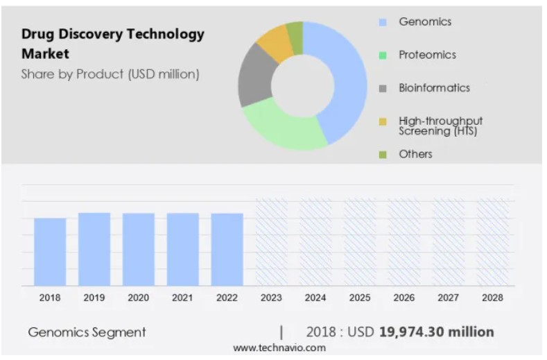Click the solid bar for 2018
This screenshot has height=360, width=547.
[x=50, y=252]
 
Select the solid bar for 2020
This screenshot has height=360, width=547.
[x=139, y=249]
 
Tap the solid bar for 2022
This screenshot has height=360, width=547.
[x=227, y=249]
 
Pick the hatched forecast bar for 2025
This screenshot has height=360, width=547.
[x=360, y=242]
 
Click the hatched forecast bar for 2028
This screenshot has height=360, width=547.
[x=492, y=242]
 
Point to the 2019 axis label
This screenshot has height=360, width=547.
[x=94, y=298]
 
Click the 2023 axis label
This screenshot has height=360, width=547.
[x=271, y=298]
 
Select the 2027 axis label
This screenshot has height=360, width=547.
[x=448, y=298]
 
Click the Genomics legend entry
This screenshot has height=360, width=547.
[x=424, y=22]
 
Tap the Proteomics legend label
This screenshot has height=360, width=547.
[x=427, y=55]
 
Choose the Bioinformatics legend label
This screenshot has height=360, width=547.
[x=434, y=88]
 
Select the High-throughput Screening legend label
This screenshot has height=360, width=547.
[x=440, y=126]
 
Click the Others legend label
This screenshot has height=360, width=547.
[x=415, y=154]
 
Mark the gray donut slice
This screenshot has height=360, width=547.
[x=253, y=76]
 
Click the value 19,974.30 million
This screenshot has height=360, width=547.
[x=436, y=332]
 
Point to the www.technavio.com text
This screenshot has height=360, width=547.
[x=279, y=348]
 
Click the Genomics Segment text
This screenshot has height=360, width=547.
[x=87, y=332]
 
